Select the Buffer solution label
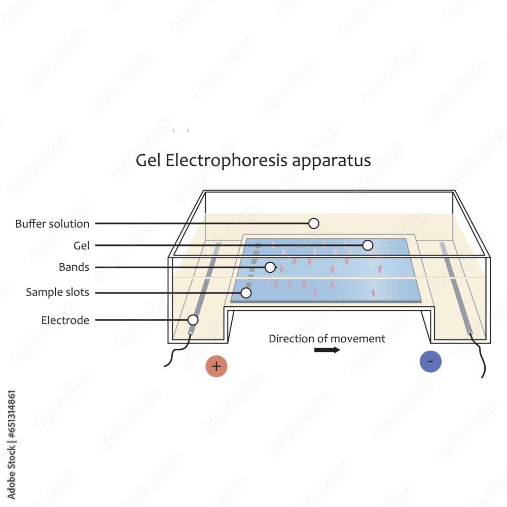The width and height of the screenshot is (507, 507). point(52,224)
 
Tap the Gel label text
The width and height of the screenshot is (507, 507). point(81,246)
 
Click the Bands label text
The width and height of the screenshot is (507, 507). point(74,267)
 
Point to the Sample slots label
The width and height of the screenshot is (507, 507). point(58,293)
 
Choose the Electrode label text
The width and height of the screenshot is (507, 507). point(65,320)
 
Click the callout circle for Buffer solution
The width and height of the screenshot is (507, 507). point(314,223)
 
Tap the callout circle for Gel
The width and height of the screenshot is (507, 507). point(368,245)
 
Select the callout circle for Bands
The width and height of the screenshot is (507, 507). point(270,267)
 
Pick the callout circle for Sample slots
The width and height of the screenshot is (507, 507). point(246,293)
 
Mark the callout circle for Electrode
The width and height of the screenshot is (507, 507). point(193,320)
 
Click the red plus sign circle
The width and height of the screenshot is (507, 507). point(216,366)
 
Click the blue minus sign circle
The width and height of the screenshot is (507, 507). point(430,361)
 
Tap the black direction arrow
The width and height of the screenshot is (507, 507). point(327,350)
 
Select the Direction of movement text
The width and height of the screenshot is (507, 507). point(327,339)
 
